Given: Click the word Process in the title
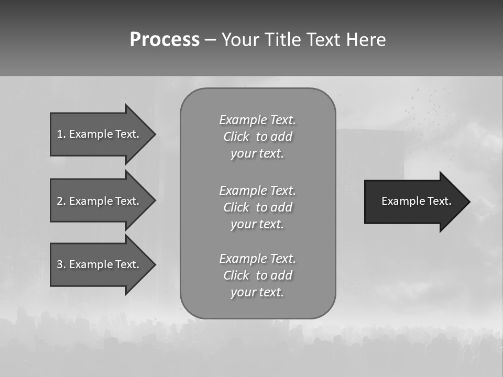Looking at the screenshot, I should [165, 40].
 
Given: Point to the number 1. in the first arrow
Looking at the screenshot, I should [61, 134].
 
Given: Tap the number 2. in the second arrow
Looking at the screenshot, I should [61, 201].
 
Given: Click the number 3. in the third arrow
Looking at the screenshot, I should [61, 264].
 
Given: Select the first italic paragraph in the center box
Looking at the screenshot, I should [257, 137].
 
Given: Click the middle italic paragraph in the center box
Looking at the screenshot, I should [257, 207].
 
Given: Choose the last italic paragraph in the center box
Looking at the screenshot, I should [257, 275].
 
